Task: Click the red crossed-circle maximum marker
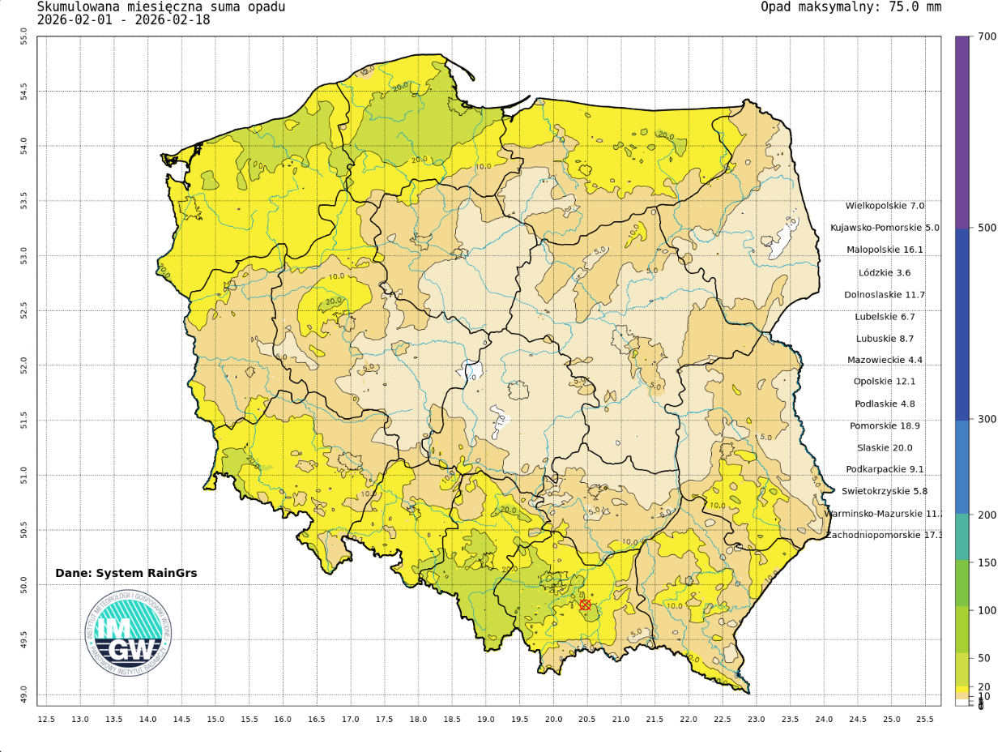[x=585, y=605]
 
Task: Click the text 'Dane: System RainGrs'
[x=126, y=573]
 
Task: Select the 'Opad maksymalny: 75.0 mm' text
[x=851, y=7]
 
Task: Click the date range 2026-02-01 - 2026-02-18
[x=124, y=20]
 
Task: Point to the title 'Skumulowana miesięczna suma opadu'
[x=161, y=7]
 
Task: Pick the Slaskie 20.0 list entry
[x=885, y=447]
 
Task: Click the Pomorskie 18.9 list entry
[x=885, y=425]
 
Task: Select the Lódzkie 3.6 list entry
[x=885, y=272]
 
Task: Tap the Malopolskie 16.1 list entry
[x=885, y=250]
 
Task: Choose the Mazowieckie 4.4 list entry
[x=885, y=360]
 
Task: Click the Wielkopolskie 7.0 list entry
[x=885, y=206]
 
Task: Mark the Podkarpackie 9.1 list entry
[x=885, y=469]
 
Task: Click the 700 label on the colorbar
[x=987, y=36]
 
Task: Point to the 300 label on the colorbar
[x=987, y=419]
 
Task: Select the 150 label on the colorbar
[x=987, y=562]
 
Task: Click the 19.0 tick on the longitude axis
[x=485, y=720]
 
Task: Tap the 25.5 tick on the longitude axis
[x=924, y=720]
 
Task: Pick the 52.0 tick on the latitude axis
[x=23, y=365]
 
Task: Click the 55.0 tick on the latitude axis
[x=23, y=36]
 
